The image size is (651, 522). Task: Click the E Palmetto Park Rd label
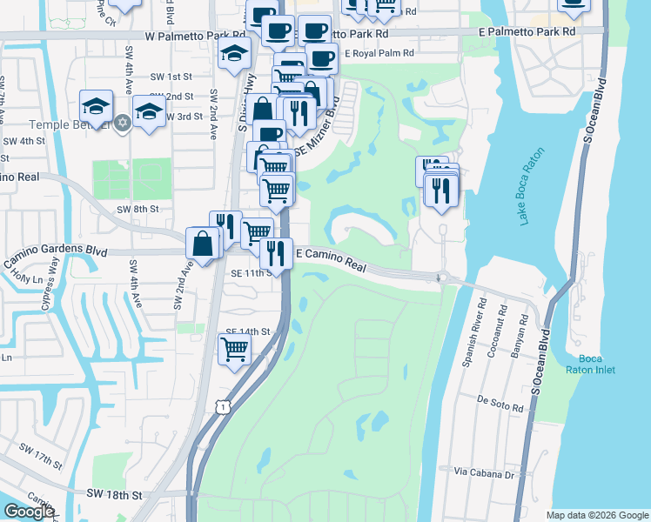527,30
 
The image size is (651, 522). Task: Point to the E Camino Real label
332,260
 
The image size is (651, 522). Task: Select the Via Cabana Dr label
485,474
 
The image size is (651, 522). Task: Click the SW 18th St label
114,494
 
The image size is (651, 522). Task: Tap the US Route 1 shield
223,406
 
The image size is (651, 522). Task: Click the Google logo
29,512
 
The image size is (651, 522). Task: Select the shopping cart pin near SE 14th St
234,350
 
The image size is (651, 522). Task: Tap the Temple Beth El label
66,124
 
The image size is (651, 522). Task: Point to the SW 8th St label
138,209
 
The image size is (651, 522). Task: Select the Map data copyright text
596,515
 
